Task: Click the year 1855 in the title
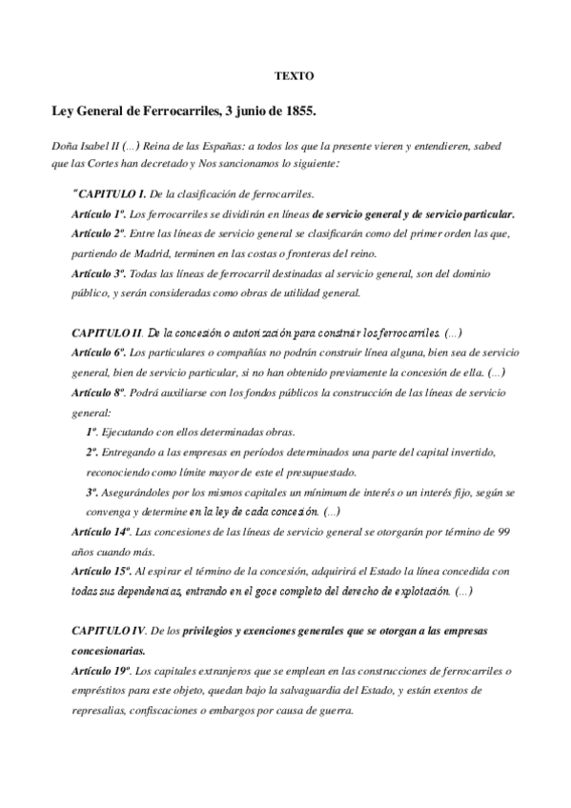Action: pos(300,112)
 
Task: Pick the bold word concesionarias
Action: pos(109,651)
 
